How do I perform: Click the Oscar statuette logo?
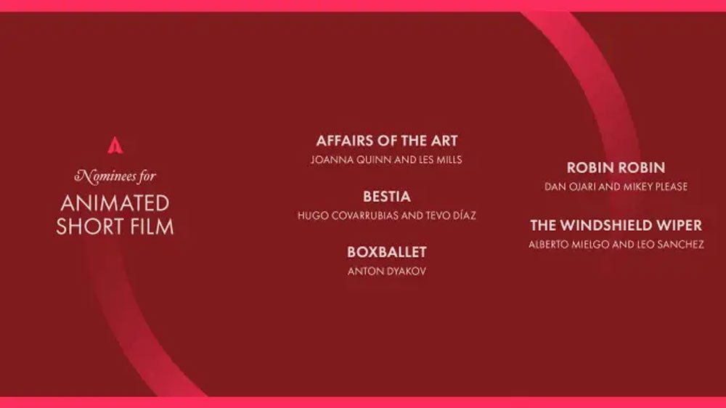click(115, 145)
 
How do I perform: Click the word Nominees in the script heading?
click(105, 176)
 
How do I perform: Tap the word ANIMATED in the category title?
click(115, 203)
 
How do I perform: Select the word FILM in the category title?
click(152, 227)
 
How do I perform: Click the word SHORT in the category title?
click(90, 227)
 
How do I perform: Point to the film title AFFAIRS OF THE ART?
click(387, 141)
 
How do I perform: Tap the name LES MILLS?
click(441, 160)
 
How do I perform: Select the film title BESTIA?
click(387, 196)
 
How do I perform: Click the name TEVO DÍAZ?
click(451, 216)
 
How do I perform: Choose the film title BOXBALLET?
click(387, 252)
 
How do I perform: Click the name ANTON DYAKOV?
click(387, 272)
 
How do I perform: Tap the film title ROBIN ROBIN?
click(616, 168)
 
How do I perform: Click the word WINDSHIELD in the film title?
click(616, 226)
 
